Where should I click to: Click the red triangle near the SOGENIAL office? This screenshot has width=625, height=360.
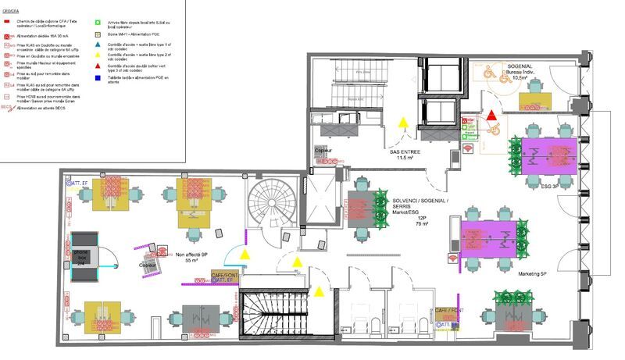(x=492, y=116)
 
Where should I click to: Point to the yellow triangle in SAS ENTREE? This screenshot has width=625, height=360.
(x=404, y=123)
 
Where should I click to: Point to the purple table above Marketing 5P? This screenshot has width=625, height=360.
(x=494, y=237)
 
